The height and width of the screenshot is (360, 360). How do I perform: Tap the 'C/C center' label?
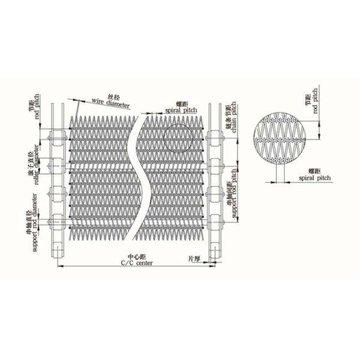pos(137,263)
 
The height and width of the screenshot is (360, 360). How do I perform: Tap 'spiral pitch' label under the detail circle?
pos(315,178)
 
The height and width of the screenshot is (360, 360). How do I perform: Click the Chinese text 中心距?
pos(137,257)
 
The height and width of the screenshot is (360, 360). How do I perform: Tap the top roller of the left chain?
pos(56,139)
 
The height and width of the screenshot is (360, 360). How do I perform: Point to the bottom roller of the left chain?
pos(56,223)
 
